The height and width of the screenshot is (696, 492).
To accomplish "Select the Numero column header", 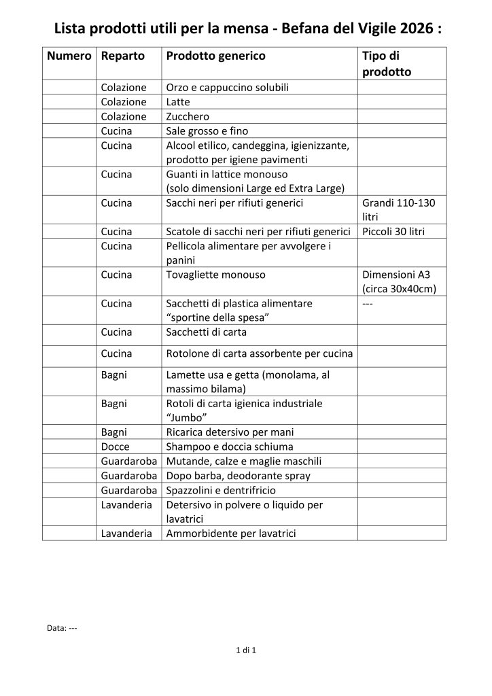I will (69, 56).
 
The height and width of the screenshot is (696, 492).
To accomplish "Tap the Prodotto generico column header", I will (215, 56).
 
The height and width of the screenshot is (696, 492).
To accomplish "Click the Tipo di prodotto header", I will (387, 63).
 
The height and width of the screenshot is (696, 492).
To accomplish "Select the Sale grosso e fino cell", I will (207, 130).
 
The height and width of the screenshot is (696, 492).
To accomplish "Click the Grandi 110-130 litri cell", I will (399, 209).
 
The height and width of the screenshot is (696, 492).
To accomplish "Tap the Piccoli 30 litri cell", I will (393, 232).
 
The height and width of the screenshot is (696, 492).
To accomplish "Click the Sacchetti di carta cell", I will (207, 332).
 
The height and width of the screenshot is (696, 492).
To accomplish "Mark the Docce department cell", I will (115, 446).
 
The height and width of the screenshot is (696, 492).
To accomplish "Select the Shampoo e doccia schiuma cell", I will (230, 446).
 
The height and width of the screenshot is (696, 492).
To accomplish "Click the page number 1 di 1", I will (245, 651).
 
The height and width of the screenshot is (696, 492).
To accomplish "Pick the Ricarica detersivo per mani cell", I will (230, 432).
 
